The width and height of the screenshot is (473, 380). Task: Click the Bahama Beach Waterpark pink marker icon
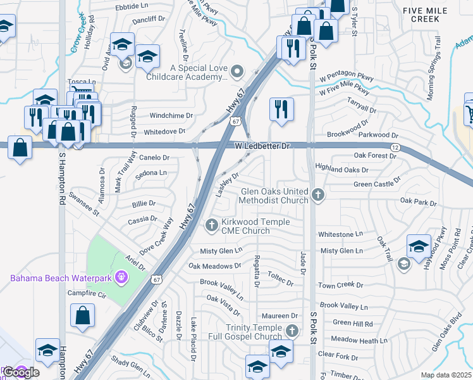click(x=123, y=277)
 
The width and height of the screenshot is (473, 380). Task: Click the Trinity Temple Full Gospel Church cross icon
click(x=292, y=330)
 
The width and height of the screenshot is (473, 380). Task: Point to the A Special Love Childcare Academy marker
click(x=237, y=72)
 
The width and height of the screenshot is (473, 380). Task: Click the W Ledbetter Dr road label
click(x=262, y=146)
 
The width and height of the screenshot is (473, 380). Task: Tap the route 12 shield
click(x=395, y=147)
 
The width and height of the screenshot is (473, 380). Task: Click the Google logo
click(x=21, y=372)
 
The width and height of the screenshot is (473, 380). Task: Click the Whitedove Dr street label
click(x=164, y=132)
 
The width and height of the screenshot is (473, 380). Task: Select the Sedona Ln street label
click(x=151, y=172)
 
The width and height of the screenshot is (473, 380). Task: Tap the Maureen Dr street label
click(x=284, y=315)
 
